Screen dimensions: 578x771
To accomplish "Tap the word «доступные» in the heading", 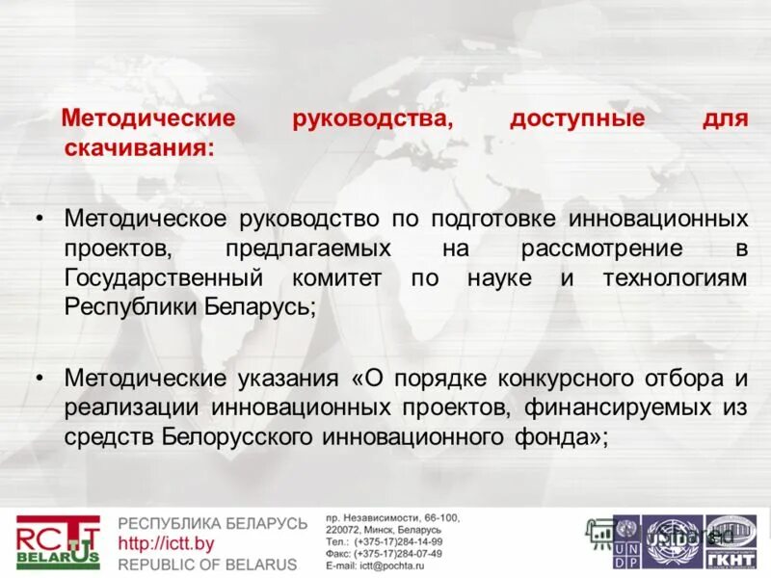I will coord(576,120).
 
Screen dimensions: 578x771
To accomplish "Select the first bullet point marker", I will coord(40,218).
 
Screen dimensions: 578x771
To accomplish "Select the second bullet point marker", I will coord(40,376).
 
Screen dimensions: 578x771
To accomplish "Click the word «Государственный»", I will coord(164,277).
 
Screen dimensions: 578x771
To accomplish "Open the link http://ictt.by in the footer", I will coord(165,544).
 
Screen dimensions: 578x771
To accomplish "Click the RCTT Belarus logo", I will coord(57,541).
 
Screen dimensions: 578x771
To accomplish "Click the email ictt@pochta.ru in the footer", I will coord(384,565).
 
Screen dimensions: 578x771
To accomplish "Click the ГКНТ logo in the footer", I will coord(731,540).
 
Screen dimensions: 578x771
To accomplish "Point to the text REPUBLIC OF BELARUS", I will coord(206,564).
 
